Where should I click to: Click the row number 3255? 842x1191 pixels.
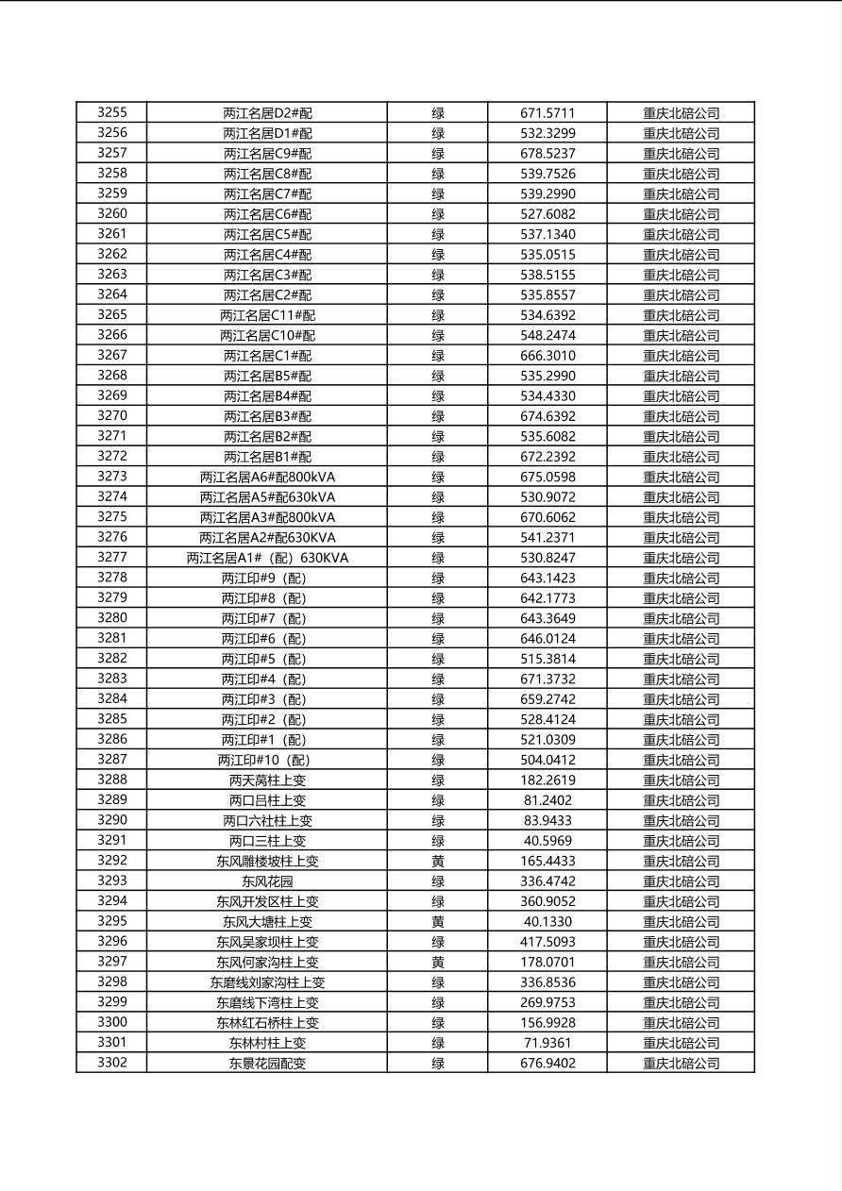tap(111, 112)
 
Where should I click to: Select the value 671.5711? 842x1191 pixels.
tap(547, 113)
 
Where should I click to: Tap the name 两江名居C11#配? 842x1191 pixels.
tap(267, 315)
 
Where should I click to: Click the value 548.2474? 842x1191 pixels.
tap(547, 335)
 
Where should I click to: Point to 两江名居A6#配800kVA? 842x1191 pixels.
tap(267, 477)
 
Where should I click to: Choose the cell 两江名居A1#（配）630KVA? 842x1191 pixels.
tap(267, 558)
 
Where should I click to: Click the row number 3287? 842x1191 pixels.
tap(111, 760)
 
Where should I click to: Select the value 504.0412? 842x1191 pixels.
tap(547, 760)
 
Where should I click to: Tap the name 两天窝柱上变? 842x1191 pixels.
tap(267, 780)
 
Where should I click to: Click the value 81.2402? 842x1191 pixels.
tap(547, 800)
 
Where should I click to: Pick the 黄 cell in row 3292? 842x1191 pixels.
tap(438, 861)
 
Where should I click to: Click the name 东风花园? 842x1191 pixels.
tap(267, 881)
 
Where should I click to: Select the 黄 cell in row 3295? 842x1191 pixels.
tap(438, 922)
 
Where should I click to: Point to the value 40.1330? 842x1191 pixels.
tap(547, 922)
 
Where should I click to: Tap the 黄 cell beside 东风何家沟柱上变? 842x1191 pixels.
tap(438, 962)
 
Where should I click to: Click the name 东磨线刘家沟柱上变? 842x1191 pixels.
tap(267, 982)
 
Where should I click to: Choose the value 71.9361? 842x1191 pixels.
tap(547, 1043)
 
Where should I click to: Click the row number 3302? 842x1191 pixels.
tap(111, 1063)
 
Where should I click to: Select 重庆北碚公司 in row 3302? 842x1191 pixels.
tap(681, 1064)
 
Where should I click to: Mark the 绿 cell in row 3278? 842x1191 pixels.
tap(438, 578)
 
